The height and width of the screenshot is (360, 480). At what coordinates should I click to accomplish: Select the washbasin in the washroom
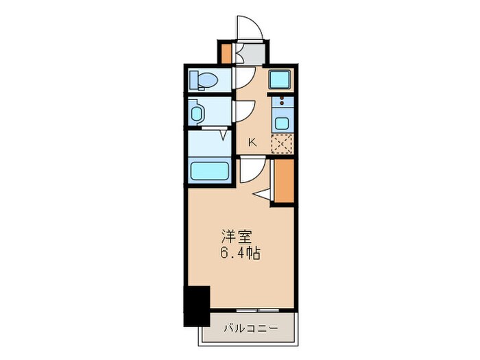point(197,112)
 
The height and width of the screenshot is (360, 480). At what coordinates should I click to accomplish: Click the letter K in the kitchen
point(252,143)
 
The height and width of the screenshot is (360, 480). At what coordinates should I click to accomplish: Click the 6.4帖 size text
point(240,253)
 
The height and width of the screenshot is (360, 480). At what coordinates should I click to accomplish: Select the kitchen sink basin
point(281,123)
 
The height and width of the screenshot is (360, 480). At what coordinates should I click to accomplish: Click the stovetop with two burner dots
point(281,104)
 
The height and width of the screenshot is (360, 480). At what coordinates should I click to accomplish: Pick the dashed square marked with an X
point(281,144)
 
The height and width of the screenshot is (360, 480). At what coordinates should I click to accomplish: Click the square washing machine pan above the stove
point(280,80)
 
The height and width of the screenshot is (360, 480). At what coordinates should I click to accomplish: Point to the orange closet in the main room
point(283,181)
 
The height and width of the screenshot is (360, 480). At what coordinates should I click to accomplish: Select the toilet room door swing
point(245,77)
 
